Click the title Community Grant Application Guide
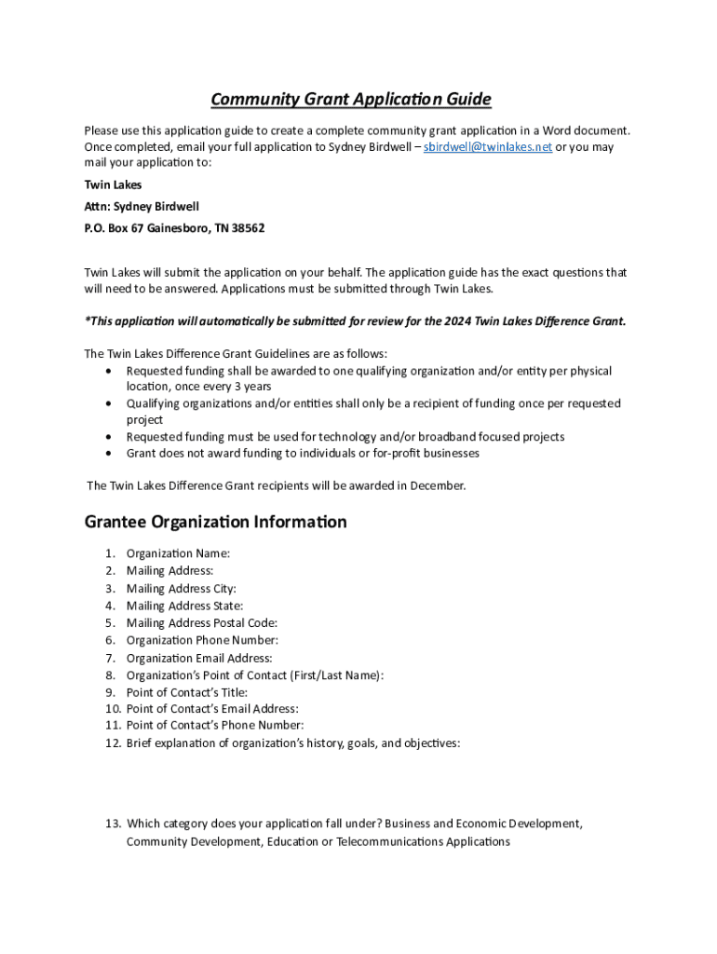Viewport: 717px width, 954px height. (350, 100)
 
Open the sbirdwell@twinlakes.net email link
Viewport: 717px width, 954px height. (488, 147)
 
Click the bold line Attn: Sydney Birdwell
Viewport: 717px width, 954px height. (142, 206)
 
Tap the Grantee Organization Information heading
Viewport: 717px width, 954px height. (215, 522)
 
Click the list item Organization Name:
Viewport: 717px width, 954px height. (178, 553)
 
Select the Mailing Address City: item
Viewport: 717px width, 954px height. (181, 589)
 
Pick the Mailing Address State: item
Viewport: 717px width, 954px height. (184, 606)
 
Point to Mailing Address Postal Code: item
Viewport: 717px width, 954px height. (201, 622)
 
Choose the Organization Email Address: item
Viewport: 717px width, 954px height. (199, 658)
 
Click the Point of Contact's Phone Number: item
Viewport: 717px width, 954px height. (214, 725)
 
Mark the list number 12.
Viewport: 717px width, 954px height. (113, 743)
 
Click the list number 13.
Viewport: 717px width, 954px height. (113, 824)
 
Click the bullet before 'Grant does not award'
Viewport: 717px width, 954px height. (108, 453)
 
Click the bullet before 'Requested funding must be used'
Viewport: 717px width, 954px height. (108, 436)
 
